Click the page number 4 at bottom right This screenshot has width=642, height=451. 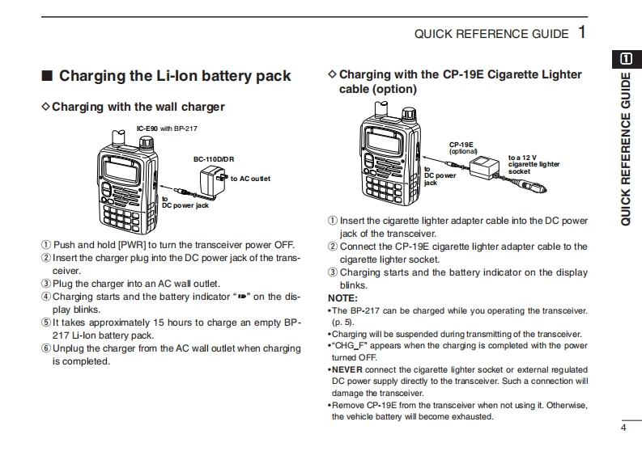pos(623,428)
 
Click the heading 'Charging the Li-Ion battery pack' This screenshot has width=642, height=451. pos(175,77)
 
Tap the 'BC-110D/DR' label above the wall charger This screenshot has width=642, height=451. pos(214,159)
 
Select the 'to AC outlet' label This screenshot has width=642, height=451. pos(251,178)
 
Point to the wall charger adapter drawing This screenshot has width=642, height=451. pos(216,182)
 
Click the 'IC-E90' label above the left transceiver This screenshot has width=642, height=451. pos(147,129)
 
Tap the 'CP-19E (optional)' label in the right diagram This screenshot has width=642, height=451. pos(464,148)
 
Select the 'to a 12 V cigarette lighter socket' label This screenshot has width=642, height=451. pos(534,164)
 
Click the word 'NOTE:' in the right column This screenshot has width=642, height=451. pos(343,297)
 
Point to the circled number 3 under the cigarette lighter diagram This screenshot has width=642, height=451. pos(333,272)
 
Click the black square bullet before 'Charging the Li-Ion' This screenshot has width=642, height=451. pos(47,77)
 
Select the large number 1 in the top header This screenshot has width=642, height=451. pos(582,32)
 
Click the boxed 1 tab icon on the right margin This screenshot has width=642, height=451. pos(626,58)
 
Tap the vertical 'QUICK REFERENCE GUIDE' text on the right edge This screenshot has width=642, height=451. pos(626,150)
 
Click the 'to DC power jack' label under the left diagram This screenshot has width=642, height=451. pos(185,203)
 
